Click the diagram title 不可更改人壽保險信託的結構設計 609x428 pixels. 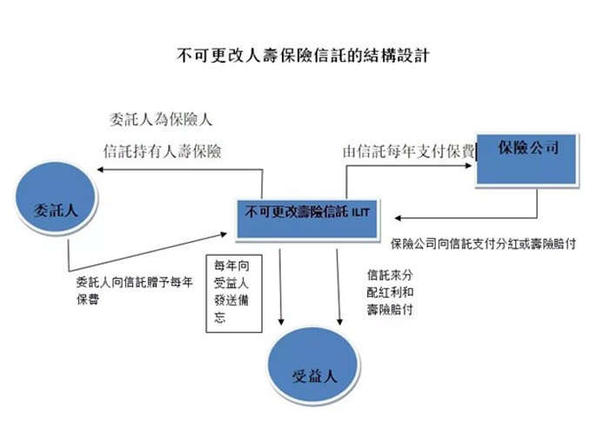(304, 55)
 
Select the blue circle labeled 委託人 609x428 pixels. (57, 198)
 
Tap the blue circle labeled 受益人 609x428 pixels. (313, 364)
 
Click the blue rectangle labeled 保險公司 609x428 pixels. (526, 159)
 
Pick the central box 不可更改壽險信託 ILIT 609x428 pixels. (307, 218)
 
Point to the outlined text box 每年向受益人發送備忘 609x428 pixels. (234, 294)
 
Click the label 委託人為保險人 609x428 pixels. (161, 120)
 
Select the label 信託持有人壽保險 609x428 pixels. (163, 151)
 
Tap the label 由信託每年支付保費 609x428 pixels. (409, 151)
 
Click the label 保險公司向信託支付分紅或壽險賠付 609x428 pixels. (483, 244)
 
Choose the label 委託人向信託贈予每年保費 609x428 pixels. (134, 291)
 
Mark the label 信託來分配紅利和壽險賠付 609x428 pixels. (390, 292)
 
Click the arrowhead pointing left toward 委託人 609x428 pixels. (99, 170)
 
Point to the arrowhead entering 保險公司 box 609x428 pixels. (469, 166)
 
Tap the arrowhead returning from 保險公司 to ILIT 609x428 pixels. (398, 217)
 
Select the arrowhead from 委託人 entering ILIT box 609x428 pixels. (224, 234)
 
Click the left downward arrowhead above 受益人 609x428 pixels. (281, 322)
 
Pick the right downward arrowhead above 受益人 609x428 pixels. (339, 322)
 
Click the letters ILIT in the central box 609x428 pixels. (360, 212)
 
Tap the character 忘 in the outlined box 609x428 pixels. (220, 318)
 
